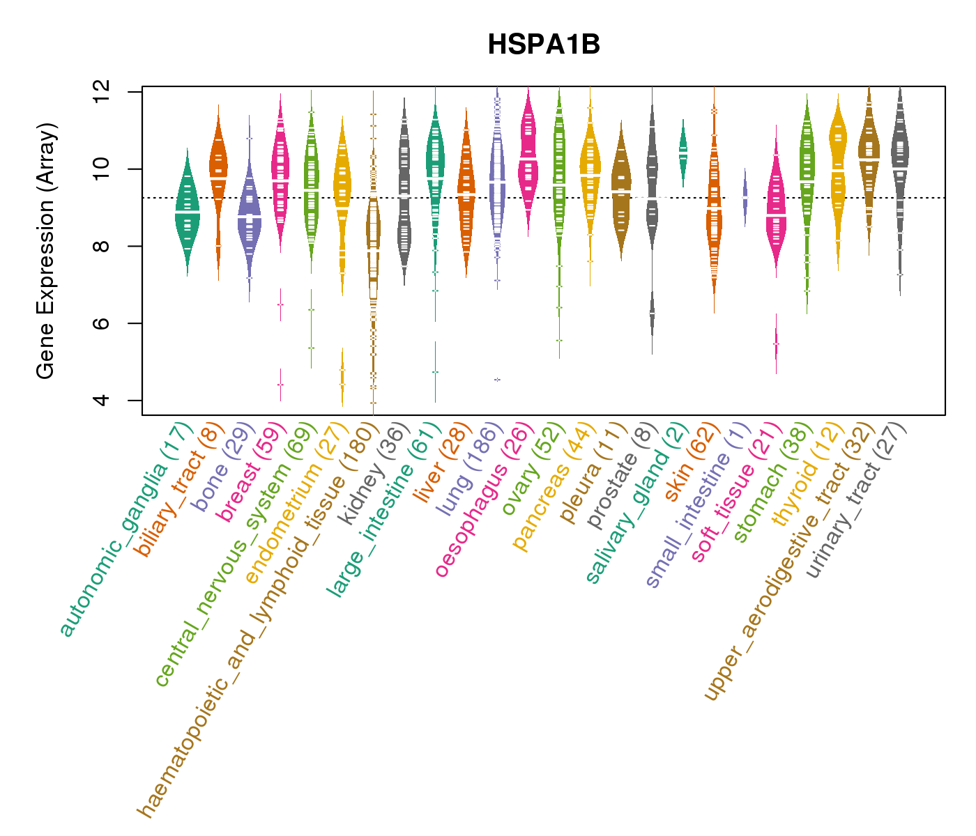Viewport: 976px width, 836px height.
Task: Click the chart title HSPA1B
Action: tap(544, 45)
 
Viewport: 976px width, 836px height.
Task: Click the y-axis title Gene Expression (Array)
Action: tap(46, 251)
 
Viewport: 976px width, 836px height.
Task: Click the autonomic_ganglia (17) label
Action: tap(126, 529)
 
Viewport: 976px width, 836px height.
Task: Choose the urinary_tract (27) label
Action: tap(857, 502)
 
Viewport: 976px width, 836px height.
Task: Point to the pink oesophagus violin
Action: tap(528, 160)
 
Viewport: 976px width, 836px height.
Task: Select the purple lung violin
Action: tap(497, 188)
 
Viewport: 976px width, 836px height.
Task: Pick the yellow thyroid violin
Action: tap(838, 167)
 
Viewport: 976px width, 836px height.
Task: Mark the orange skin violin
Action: tap(714, 209)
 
